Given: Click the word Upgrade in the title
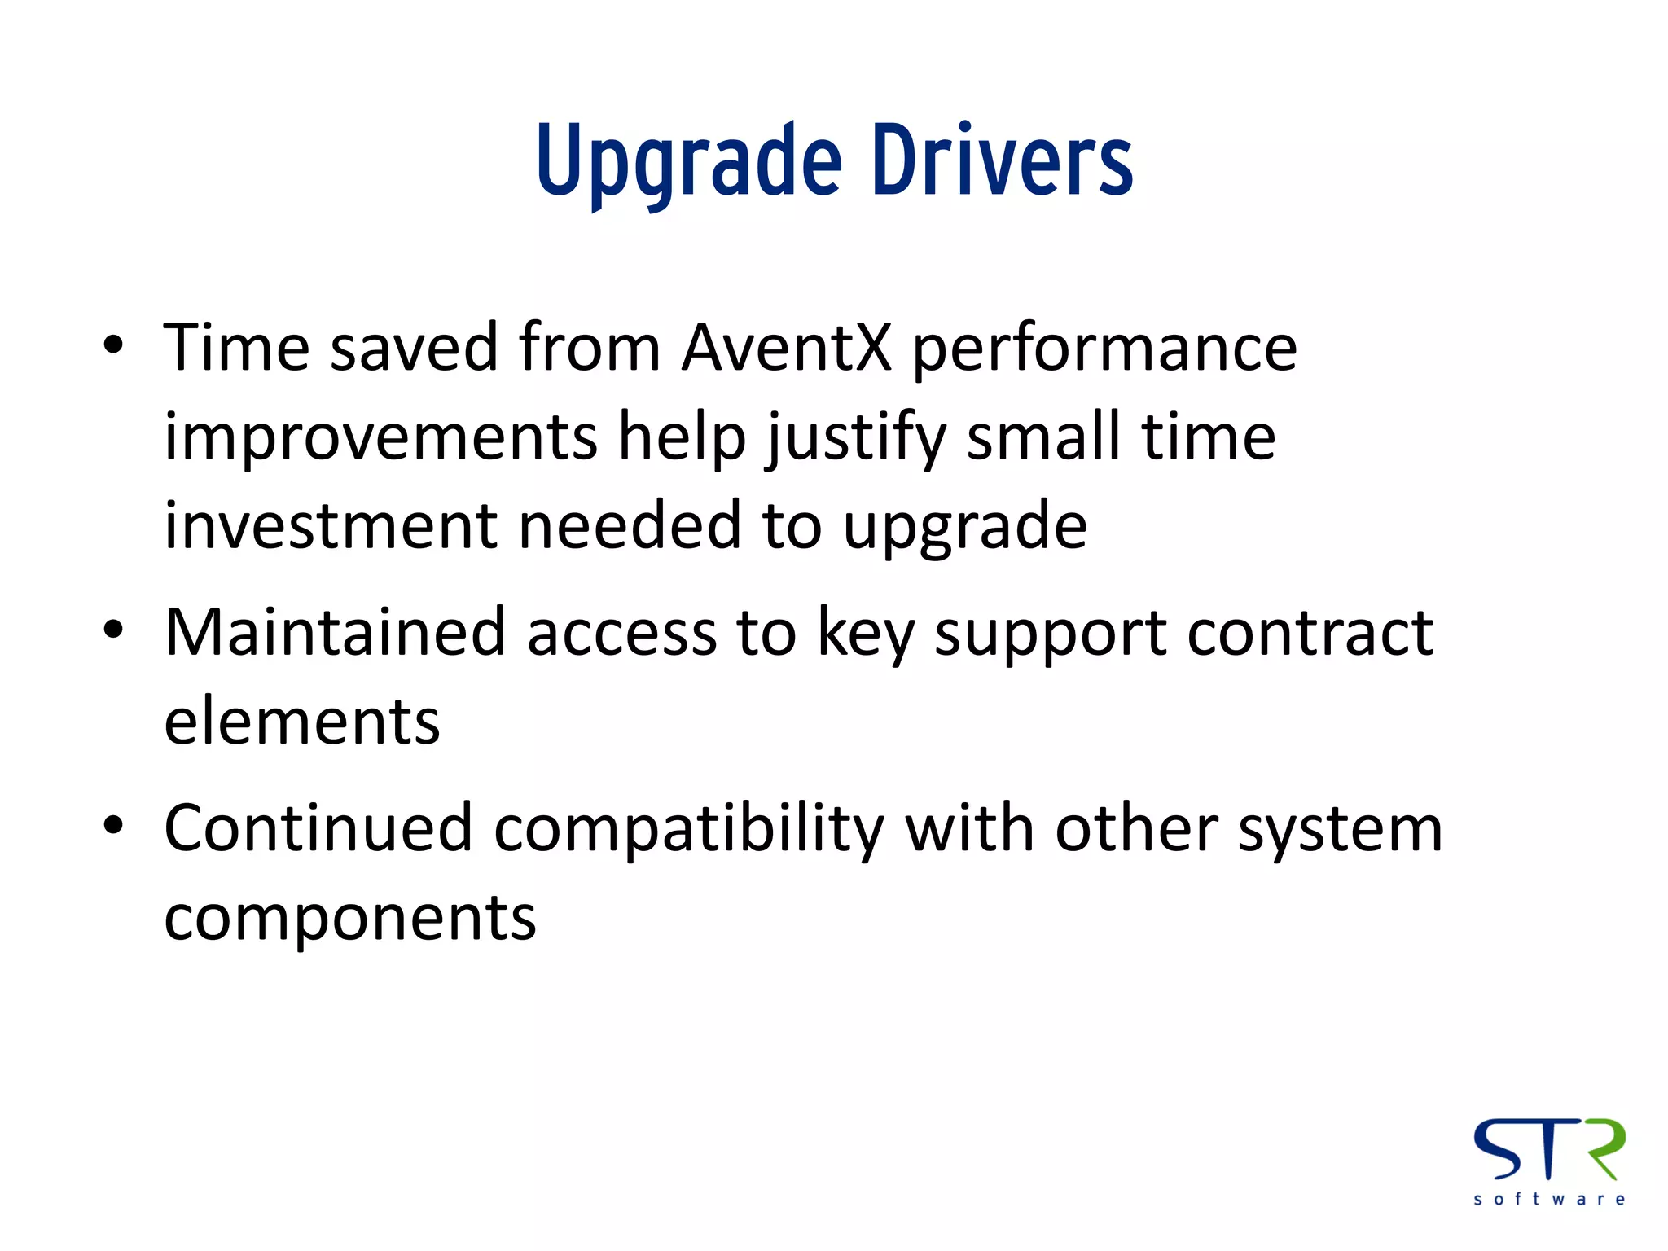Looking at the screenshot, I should pyautogui.click(x=688, y=161).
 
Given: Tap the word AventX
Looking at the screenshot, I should pyautogui.click(x=787, y=348).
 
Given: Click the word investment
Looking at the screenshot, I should pyautogui.click(x=330, y=526).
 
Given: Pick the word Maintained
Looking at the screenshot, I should pyautogui.click(x=335, y=633).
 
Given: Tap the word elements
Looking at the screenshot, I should pyautogui.click(x=302, y=722).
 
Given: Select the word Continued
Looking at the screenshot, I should pyautogui.click(x=318, y=828).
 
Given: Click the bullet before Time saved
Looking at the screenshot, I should pyautogui.click(x=114, y=345).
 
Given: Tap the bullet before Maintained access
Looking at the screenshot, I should pyautogui.click(x=114, y=630).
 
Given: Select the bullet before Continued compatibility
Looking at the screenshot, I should pyautogui.click(x=114, y=825).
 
